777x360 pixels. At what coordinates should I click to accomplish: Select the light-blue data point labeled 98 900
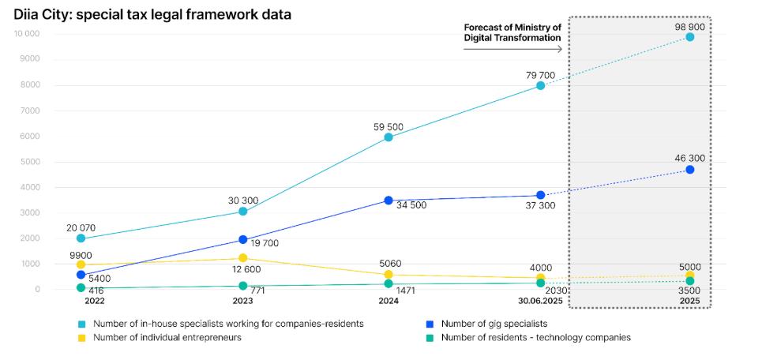689,37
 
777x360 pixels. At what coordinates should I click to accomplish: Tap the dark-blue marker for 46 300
689,170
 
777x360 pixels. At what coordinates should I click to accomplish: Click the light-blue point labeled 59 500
388,137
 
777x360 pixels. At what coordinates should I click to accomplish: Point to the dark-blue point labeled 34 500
388,201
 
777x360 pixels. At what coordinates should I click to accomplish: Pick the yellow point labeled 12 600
242,258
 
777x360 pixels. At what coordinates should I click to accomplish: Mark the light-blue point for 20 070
81,238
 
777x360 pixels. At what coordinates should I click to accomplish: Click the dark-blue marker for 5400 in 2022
81,275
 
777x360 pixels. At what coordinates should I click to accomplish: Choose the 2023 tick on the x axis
242,302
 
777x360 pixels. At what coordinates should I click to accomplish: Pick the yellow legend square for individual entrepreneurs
81,337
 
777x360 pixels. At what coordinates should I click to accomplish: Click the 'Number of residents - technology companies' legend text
535,337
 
